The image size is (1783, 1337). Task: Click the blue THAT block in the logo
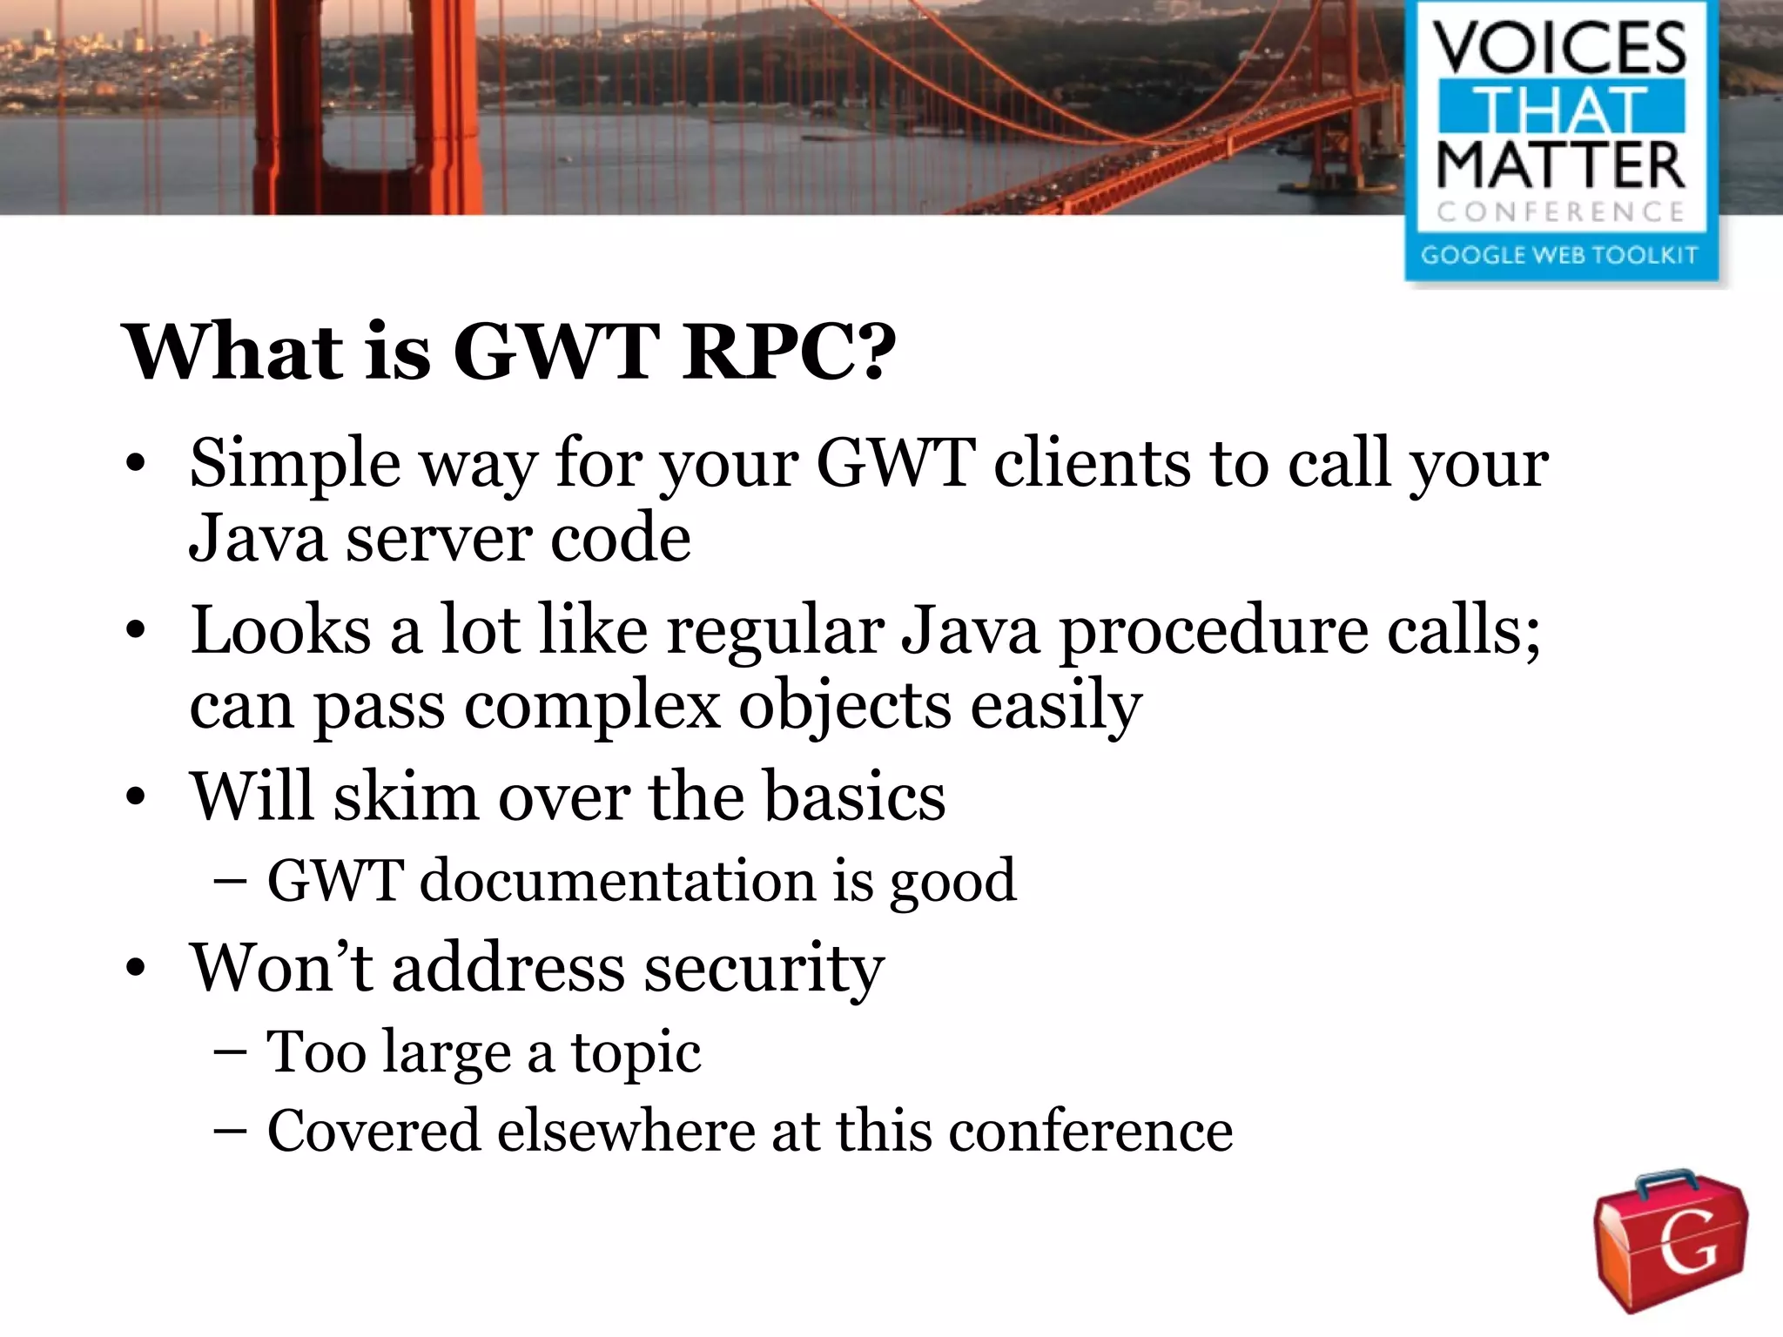click(1560, 108)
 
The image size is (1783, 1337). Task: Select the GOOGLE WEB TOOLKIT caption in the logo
click(1559, 255)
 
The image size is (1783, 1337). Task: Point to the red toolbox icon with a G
click(1670, 1240)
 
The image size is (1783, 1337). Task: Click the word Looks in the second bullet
click(280, 629)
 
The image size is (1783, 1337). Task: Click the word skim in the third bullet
click(406, 796)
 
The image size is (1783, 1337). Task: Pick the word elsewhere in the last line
click(625, 1131)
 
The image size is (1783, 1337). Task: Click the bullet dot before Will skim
click(134, 796)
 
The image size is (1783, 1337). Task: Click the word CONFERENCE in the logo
click(1560, 212)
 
